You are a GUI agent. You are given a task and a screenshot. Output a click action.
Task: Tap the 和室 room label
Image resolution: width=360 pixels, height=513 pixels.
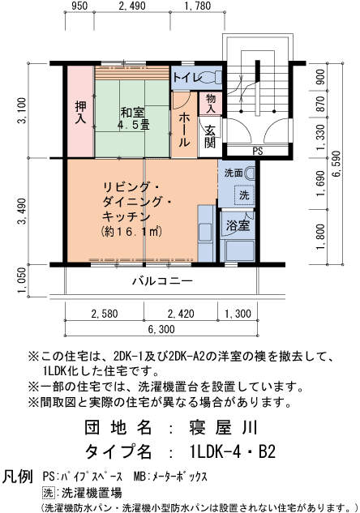pos(133,118)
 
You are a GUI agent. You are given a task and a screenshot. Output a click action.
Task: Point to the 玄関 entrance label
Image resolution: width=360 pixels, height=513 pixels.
pos(209,137)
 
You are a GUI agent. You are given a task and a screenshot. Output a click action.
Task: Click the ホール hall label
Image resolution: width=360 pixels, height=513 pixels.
pos(184,128)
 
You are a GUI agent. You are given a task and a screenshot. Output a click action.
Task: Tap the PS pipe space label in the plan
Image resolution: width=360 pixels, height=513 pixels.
pos(258,152)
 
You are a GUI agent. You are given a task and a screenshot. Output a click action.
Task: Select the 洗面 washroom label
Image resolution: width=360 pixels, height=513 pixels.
pos(234,173)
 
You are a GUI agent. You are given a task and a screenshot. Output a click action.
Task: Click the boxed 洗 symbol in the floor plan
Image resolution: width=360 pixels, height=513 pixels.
pos(243,195)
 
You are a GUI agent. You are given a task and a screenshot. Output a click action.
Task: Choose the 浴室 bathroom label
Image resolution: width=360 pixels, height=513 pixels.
pos(238,224)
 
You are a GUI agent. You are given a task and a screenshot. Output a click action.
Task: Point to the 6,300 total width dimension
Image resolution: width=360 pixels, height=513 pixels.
pos(161,330)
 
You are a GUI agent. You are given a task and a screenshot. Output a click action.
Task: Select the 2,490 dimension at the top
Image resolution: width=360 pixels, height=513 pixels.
pos(131,7)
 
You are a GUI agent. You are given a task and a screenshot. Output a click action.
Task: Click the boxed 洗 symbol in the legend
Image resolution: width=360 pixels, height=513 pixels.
pos(48,492)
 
